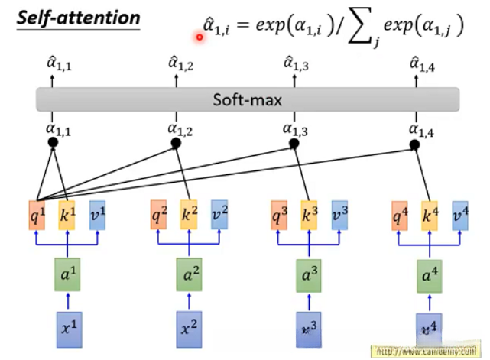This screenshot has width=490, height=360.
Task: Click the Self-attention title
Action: pos(80,18)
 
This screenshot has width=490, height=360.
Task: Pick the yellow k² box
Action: pos(189,216)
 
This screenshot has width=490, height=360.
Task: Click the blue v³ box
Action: pos(339,216)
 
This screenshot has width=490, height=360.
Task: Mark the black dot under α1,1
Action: pos(53,144)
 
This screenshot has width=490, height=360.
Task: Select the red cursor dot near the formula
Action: pos(200,35)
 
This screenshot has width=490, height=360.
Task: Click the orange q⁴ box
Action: pos(399,216)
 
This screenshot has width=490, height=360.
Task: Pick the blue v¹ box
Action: pos(97,216)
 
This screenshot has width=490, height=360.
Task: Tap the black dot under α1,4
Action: pos(415,144)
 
